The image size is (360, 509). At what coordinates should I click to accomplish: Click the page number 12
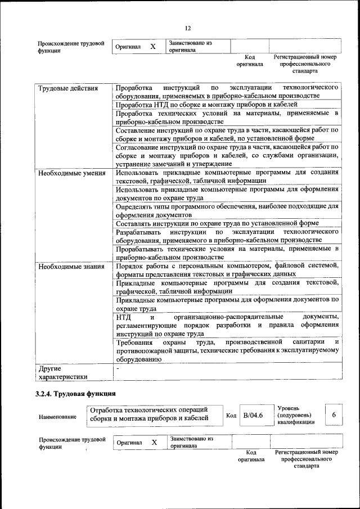[x=188, y=28]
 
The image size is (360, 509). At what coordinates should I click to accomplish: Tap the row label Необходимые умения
[x=71, y=173]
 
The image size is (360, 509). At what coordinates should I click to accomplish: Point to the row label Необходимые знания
[x=70, y=266]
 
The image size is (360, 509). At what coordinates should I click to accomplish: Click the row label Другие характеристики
[x=62, y=373]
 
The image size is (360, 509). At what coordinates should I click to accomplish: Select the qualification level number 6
[x=334, y=415]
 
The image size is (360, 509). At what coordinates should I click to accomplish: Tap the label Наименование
[x=58, y=417]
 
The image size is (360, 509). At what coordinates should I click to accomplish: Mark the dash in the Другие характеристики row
[x=118, y=368]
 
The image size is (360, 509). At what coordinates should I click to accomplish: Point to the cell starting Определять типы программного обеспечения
[x=227, y=210]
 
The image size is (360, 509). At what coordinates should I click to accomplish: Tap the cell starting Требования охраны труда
[x=227, y=350]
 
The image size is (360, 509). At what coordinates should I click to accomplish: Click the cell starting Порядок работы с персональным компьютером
[x=227, y=269]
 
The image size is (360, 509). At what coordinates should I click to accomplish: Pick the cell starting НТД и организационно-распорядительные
[x=227, y=325]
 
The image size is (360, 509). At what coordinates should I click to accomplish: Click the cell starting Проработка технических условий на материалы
[x=227, y=117]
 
